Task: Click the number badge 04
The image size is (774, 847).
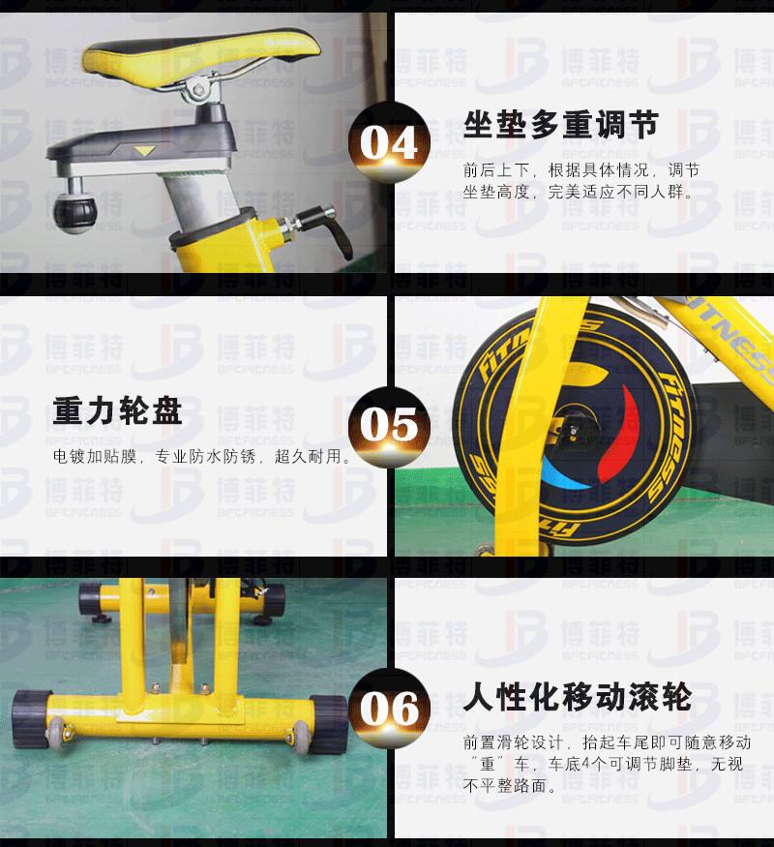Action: [389, 142]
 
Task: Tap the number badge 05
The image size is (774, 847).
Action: [389, 425]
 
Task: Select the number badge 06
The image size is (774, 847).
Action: [389, 709]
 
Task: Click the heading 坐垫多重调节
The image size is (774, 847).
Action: [561, 125]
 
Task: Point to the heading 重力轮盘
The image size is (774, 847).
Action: [117, 410]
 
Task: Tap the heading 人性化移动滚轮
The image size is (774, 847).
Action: [578, 697]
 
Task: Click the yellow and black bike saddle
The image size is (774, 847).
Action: [201, 57]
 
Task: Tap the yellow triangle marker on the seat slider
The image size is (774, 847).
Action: [144, 150]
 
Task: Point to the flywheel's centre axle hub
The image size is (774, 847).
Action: [572, 431]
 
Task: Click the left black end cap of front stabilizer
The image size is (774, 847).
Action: [31, 718]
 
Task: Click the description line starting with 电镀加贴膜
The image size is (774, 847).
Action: [201, 457]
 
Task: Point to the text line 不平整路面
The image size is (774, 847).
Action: [510, 785]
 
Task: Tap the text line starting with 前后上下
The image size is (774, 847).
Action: [581, 170]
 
